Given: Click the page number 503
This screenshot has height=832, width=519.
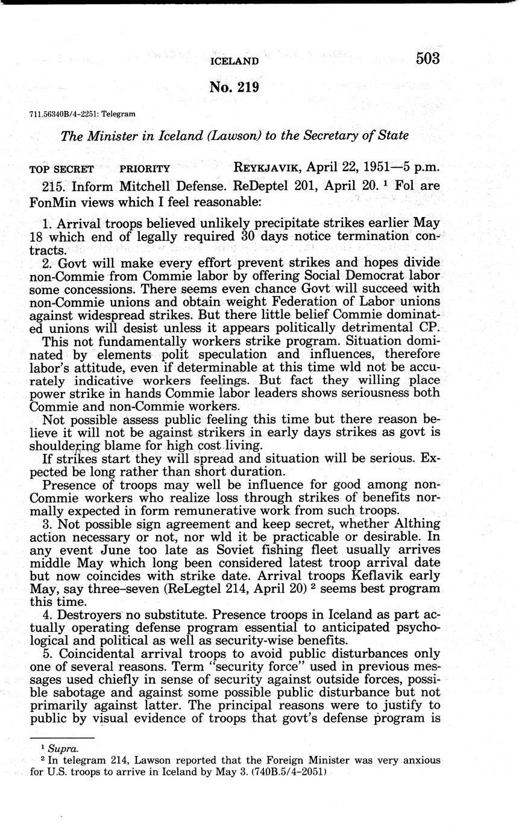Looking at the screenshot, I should (427, 58).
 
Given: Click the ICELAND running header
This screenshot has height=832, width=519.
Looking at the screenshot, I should (234, 61).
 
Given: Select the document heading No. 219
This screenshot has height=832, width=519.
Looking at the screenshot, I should (234, 87).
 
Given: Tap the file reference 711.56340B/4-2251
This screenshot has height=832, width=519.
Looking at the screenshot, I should (64, 113).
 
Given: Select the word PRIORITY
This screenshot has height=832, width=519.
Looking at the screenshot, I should (145, 169).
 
